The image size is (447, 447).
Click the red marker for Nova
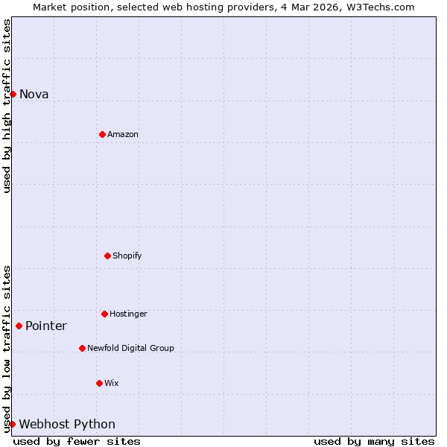point(13,94)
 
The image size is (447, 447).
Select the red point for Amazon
point(102,134)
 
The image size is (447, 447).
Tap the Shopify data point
point(107,256)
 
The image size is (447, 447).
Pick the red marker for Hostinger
point(104,314)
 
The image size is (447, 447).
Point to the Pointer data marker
point(19,326)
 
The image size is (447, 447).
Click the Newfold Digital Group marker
point(82,348)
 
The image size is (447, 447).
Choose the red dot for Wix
point(99,383)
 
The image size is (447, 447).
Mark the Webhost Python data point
point(12,424)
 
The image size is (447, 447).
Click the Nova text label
point(34,94)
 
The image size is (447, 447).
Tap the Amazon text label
point(123,134)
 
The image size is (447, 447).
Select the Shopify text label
point(127,256)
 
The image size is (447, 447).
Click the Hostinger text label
point(129,314)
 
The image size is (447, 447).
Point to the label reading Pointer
point(46,326)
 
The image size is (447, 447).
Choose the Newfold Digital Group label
point(130,348)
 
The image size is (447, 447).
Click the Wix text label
point(112,383)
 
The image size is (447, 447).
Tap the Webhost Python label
point(67,424)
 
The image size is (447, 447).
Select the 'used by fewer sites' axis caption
point(77,441)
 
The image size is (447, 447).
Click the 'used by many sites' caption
point(374,441)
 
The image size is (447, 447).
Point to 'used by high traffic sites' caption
point(7,106)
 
